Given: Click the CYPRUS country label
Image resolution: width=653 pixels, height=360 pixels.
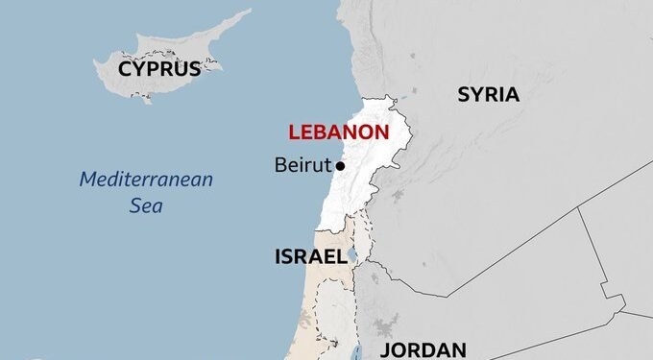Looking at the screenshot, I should tap(159, 68).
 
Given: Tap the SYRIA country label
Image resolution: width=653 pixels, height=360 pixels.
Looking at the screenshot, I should tap(488, 94).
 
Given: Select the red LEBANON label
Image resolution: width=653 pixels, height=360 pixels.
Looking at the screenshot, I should tap(339, 132).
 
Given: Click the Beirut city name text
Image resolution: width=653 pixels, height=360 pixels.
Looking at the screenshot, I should tap(302, 165).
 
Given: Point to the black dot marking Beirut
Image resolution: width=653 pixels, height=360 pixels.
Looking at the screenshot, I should tap(340, 166).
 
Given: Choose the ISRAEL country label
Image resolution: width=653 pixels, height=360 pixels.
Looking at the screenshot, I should tap(310, 256).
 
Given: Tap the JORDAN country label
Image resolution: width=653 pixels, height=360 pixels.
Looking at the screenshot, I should tap(423, 349).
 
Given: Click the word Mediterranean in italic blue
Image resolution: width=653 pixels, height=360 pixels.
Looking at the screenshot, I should tap(146, 180).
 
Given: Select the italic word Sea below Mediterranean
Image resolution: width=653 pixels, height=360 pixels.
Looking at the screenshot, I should tap(146, 204).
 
